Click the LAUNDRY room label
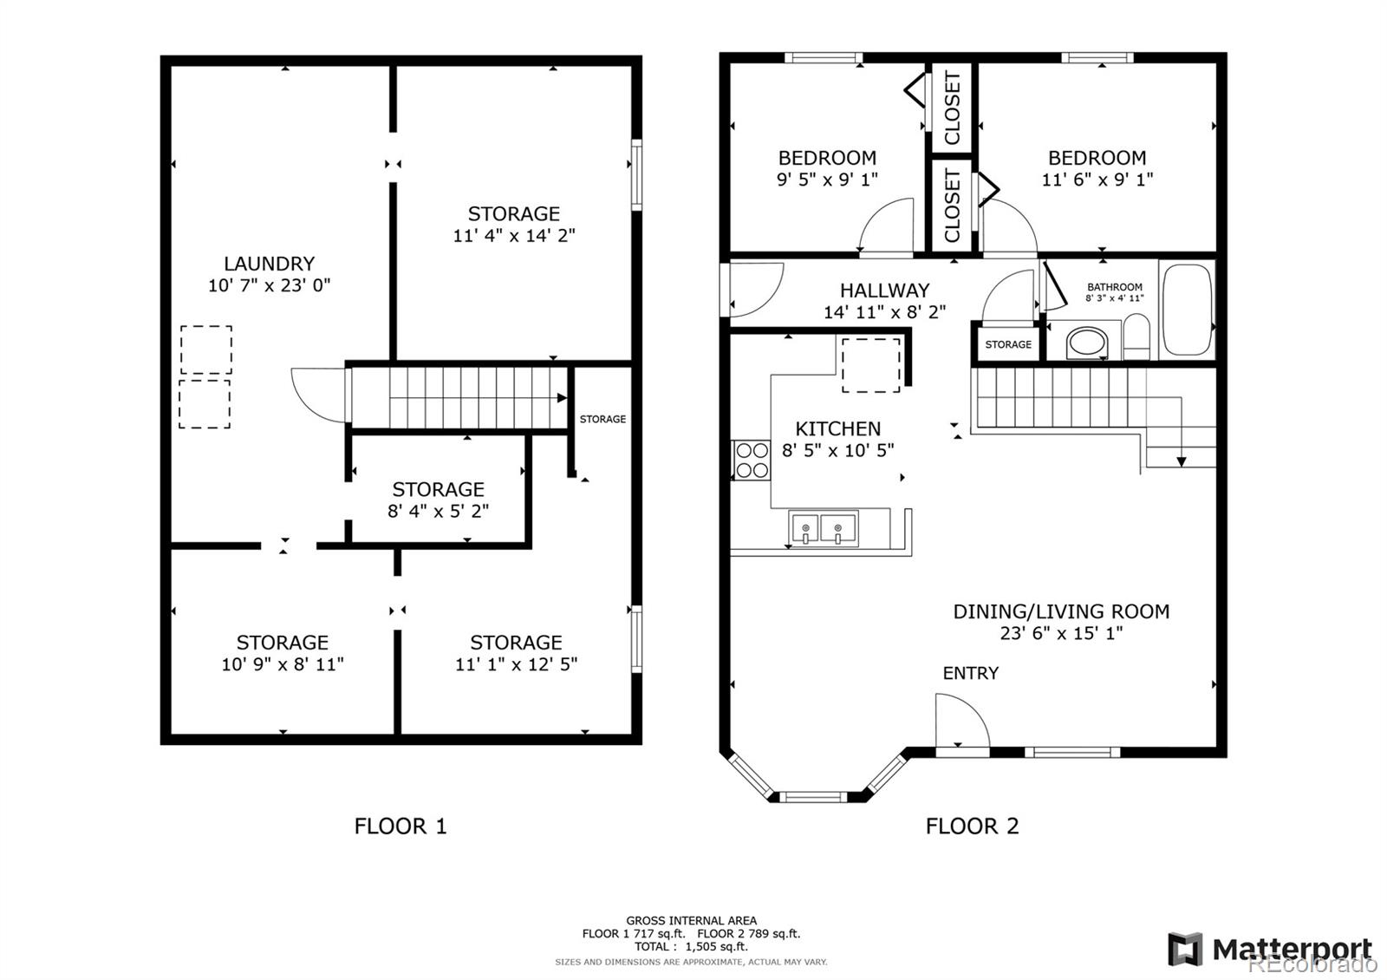tap(269, 264)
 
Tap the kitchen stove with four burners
tap(752, 461)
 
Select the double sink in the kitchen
tap(823, 529)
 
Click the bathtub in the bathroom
tap(1187, 310)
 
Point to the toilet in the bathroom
tap(1136, 336)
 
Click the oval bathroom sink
tap(1087, 343)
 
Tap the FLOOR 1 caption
tap(400, 826)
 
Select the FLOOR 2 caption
tap(972, 826)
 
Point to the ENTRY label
tap(970, 673)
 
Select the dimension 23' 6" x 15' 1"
tap(1061, 633)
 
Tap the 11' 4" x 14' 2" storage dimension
tap(514, 235)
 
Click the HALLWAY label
tap(884, 290)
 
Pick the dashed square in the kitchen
tap(871, 365)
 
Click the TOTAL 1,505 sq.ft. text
tap(691, 946)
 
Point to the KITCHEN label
tap(837, 428)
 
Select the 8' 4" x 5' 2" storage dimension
tap(438, 511)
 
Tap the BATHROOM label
tap(1115, 287)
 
